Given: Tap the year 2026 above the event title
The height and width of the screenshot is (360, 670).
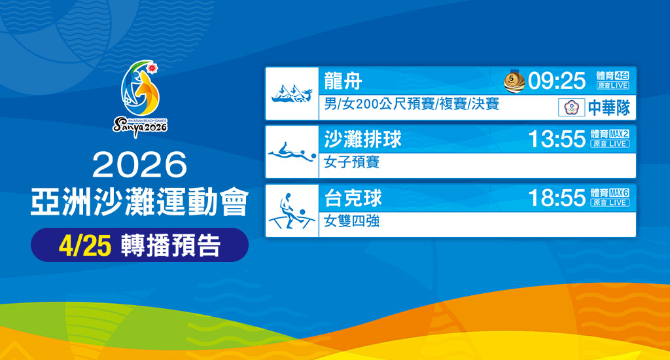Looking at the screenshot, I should (139, 166).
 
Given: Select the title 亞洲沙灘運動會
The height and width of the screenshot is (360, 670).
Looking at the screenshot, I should (139, 203).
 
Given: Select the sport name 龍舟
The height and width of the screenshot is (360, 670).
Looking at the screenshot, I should (343, 81).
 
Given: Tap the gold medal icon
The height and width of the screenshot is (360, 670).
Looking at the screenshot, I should (514, 81).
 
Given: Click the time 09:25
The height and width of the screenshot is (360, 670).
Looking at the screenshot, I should (557, 81).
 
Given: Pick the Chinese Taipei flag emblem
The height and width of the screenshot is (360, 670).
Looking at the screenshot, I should (571, 107).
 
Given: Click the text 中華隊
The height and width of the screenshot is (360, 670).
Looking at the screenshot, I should (608, 107).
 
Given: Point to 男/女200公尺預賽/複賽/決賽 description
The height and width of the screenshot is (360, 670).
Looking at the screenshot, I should (412, 104).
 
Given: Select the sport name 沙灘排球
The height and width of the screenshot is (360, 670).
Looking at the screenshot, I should (362, 139).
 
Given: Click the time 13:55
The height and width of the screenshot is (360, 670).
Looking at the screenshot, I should (557, 139).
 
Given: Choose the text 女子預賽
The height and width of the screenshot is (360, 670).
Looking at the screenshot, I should (351, 162).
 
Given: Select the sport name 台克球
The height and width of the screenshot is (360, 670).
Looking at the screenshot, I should (353, 198).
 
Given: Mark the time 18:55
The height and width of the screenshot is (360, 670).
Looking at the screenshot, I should (557, 198).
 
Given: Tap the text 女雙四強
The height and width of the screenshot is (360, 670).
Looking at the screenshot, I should (351, 221).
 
